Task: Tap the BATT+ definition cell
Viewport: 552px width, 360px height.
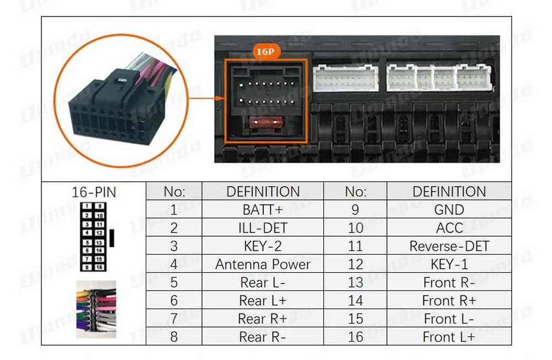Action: pyautogui.click(x=263, y=210)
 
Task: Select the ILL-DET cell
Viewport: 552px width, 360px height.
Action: pyautogui.click(x=263, y=228)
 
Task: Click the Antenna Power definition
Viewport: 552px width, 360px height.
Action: pyautogui.click(x=263, y=264)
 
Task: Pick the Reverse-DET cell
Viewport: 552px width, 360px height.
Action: pyautogui.click(x=449, y=246)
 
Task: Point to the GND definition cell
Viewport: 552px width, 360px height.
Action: pyautogui.click(x=449, y=210)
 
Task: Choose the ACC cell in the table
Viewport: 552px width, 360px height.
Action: pyautogui.click(x=449, y=228)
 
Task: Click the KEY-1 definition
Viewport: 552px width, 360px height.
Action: pyautogui.click(x=449, y=264)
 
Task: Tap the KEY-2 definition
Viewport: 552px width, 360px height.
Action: pyautogui.click(x=263, y=246)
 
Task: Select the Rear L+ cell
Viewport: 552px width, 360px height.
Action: pyautogui.click(x=263, y=301)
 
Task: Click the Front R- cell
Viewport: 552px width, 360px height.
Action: pyautogui.click(x=449, y=283)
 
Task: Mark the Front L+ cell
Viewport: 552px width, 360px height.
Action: pyautogui.click(x=449, y=337)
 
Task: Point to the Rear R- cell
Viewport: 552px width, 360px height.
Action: pyautogui.click(x=263, y=337)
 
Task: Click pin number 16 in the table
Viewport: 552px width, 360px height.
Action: pyautogui.click(x=355, y=337)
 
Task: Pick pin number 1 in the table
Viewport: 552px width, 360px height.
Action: pyautogui.click(x=174, y=210)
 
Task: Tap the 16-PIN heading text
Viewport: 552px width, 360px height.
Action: pyautogui.click(x=94, y=193)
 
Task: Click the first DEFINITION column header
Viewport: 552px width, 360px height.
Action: pyautogui.click(x=263, y=192)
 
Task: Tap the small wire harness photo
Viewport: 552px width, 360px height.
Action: pyautogui.click(x=96, y=309)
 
